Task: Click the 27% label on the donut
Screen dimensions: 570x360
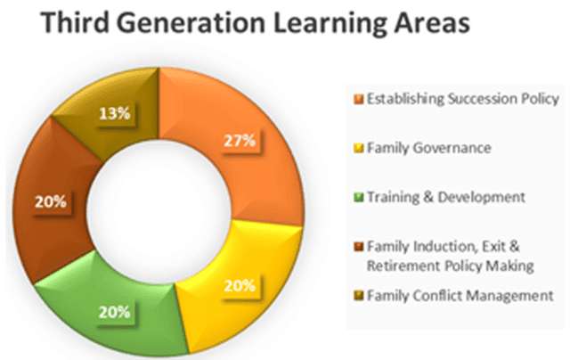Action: [x=240, y=141]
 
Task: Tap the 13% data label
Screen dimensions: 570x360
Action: [x=115, y=114]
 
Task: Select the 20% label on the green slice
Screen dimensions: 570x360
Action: [x=114, y=312]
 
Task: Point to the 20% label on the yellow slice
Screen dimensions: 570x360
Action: [x=240, y=286]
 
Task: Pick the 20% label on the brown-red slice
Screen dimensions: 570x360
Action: [x=51, y=201]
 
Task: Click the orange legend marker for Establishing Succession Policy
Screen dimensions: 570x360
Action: [x=358, y=99]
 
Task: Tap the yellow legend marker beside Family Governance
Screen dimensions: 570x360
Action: [x=358, y=148]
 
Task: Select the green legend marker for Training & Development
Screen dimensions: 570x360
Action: [x=358, y=198]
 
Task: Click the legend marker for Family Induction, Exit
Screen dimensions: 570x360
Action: [x=358, y=247]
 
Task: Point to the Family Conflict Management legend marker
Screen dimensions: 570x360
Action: [x=358, y=296]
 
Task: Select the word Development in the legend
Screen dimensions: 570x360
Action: [x=481, y=198]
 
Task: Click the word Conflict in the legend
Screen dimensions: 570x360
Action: [x=438, y=295]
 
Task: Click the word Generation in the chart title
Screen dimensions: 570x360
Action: [x=191, y=22]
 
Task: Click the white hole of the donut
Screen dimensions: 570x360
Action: [x=159, y=212]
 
